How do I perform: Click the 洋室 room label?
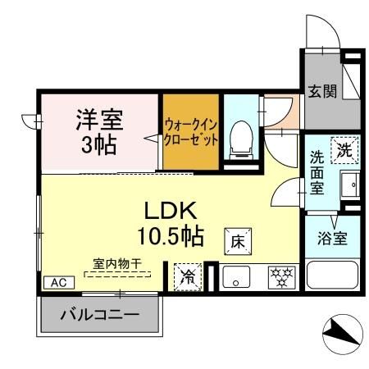click(x=99, y=120)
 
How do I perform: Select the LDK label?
click(x=172, y=208)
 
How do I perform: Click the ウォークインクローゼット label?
click(x=191, y=133)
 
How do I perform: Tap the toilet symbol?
click(x=240, y=139)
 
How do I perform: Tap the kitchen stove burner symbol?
click(x=280, y=275)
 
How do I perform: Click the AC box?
click(x=58, y=281)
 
